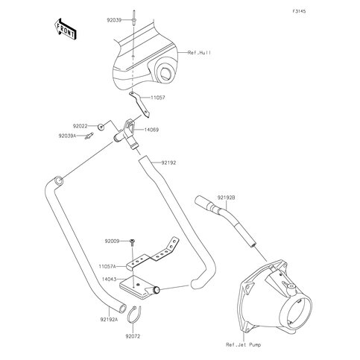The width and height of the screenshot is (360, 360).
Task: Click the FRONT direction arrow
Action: coord(65,29)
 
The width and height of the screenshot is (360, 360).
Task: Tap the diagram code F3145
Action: coord(299,11)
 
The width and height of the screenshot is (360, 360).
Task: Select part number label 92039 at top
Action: coord(114,20)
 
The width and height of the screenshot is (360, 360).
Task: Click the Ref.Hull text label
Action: coord(199,53)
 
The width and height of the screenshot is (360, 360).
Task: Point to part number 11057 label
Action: coord(158,98)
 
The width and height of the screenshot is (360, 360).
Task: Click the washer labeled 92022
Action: coord(101,127)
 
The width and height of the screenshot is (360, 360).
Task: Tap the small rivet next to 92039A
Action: coord(89,136)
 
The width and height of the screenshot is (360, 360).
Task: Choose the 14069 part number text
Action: coord(151,130)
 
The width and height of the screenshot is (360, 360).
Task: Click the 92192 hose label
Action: coord(168,163)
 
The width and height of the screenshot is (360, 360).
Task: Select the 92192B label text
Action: coord(226,198)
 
